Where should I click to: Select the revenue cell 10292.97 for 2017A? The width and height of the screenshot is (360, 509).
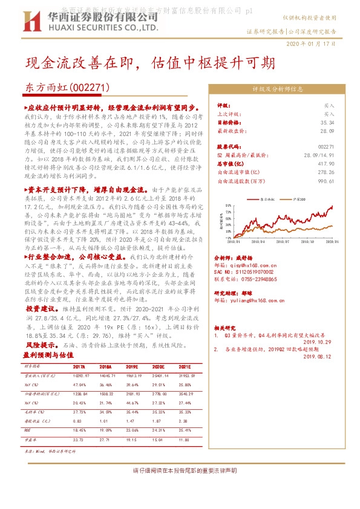pos(79,375)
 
